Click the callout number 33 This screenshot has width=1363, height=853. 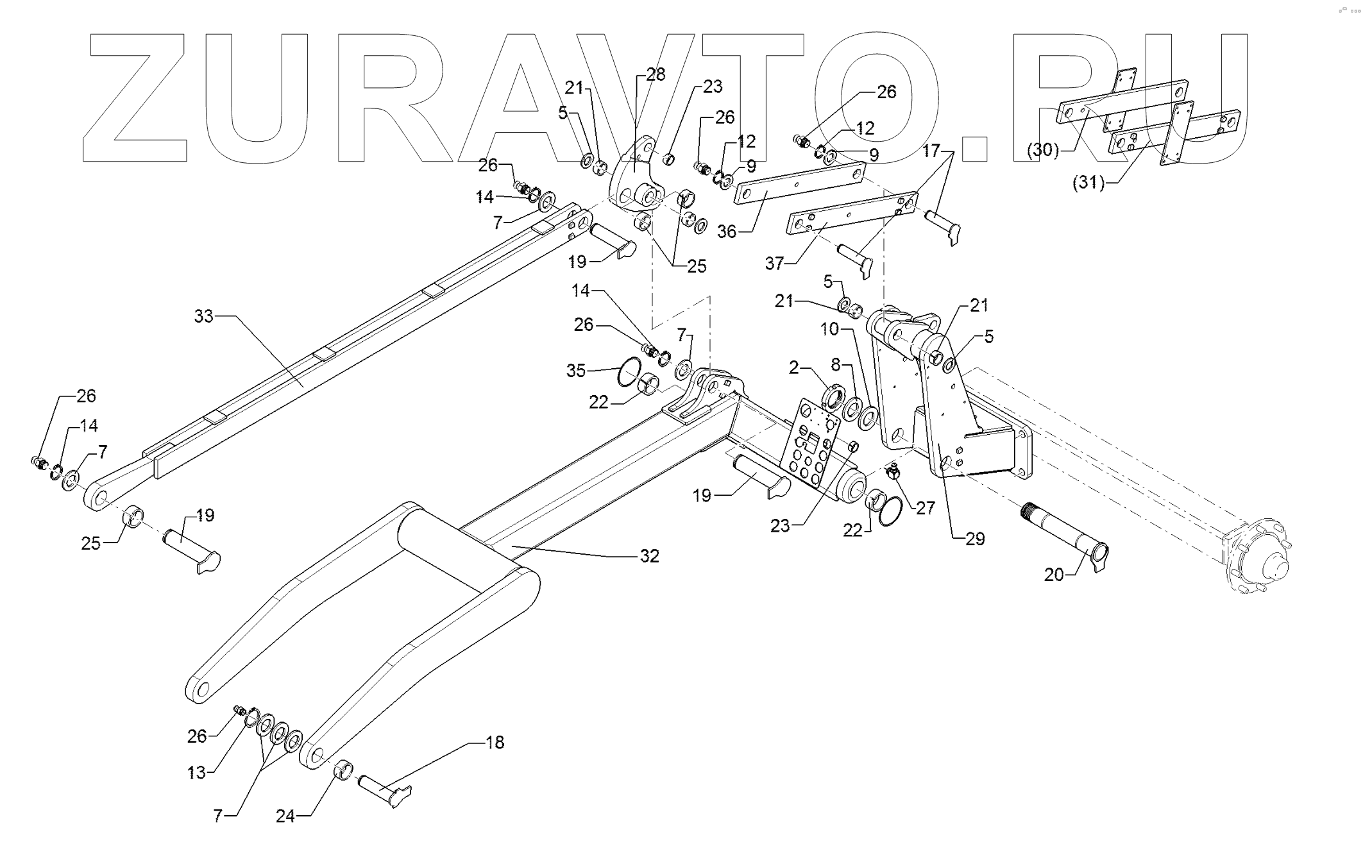[203, 316]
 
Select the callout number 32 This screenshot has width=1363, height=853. [649, 556]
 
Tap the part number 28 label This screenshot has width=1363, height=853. [656, 74]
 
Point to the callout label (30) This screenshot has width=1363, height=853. [1042, 150]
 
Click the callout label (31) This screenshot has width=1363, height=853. [1088, 183]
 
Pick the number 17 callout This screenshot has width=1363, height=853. [931, 151]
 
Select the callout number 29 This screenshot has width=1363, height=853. [974, 539]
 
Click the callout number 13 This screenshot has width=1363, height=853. [197, 772]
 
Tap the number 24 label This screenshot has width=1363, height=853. [285, 816]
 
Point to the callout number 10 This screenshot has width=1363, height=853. [829, 329]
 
